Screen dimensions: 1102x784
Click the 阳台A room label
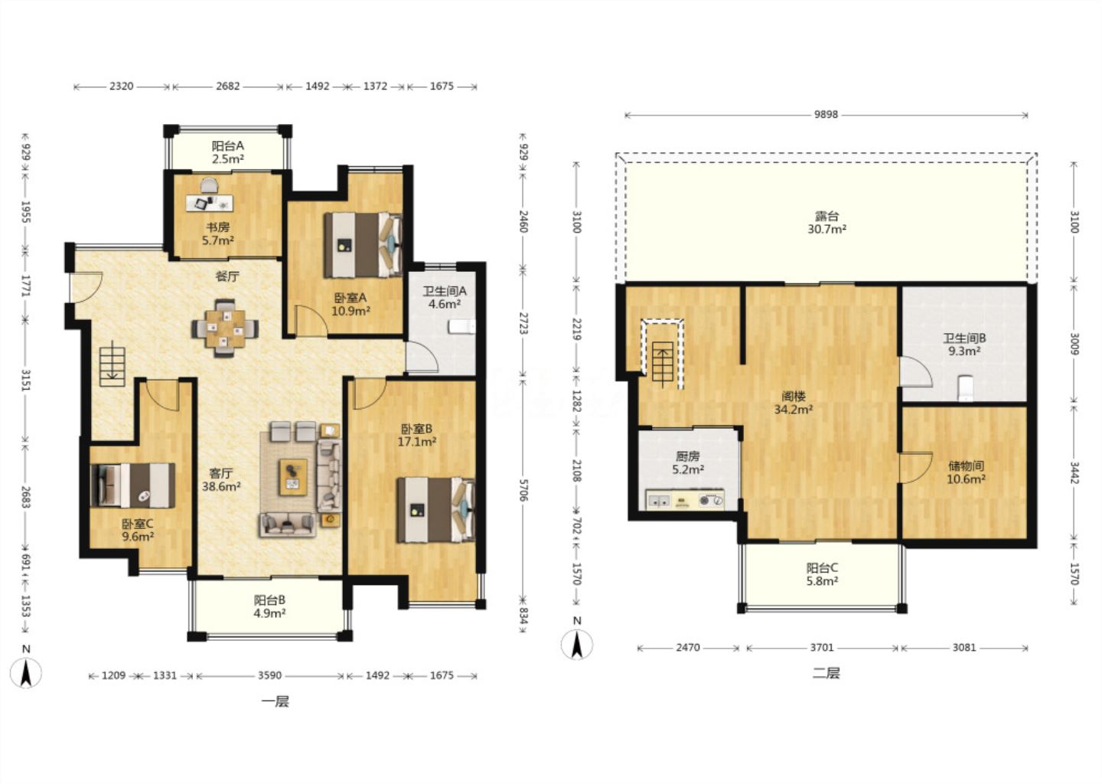click(228, 145)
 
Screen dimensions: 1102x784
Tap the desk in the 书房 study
click(210, 203)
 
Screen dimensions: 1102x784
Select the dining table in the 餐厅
click(225, 328)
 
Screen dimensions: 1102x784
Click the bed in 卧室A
click(363, 244)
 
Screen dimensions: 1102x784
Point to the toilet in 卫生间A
click(462, 327)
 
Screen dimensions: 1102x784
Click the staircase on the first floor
click(112, 367)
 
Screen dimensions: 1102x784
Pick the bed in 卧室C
click(133, 485)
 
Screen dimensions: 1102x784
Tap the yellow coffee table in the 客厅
click(293, 477)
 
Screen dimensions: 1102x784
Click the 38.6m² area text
click(221, 487)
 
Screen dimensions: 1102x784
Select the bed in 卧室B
click(436, 510)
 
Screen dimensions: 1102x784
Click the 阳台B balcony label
click(269, 600)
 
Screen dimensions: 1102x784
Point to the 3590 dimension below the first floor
click(269, 675)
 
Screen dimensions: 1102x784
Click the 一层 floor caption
click(275, 701)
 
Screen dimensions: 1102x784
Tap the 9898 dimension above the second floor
click(826, 114)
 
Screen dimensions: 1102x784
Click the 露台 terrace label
click(826, 216)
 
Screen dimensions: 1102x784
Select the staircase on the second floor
click(663, 354)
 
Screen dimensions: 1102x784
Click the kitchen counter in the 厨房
click(685, 499)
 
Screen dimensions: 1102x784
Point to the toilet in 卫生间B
click(966, 388)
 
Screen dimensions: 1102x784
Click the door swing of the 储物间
click(915, 468)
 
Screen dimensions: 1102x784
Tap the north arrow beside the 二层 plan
click(577, 644)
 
